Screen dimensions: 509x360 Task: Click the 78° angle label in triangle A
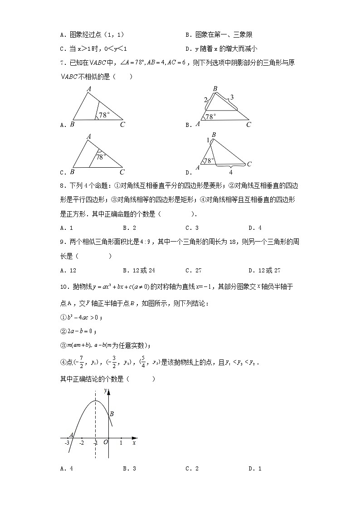point(105,115)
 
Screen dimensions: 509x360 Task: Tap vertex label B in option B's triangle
point(214,89)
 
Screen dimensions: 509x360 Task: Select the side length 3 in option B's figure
point(231,97)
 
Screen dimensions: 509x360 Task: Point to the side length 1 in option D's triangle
point(208,141)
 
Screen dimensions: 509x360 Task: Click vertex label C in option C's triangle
point(122,172)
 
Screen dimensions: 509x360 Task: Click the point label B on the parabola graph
point(112,413)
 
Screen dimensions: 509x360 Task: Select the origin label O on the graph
point(105,442)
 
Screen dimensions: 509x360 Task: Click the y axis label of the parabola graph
point(105,390)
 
